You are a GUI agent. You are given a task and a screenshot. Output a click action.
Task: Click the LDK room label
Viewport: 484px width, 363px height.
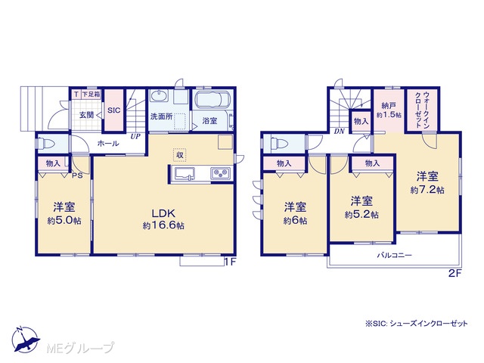point(163,213)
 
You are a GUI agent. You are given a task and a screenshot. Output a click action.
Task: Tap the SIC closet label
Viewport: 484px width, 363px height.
point(114,110)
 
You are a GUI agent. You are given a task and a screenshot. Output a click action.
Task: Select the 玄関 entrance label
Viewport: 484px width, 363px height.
point(86,115)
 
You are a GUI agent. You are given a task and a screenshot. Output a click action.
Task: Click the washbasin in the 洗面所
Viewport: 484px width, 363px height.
point(159,96)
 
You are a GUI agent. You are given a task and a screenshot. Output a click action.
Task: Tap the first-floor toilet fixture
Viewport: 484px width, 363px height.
point(46,144)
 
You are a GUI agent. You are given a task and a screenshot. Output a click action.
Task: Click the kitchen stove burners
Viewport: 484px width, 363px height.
point(221,173)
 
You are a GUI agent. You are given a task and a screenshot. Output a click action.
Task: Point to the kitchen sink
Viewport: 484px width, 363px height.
point(185,173)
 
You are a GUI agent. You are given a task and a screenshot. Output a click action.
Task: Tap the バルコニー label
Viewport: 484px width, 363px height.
point(395,256)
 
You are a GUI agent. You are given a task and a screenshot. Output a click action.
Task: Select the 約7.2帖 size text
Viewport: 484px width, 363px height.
point(427,190)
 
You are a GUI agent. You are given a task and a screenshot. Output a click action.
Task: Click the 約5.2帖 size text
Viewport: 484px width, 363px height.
point(361,215)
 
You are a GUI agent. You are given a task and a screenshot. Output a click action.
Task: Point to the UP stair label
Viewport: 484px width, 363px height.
point(135,136)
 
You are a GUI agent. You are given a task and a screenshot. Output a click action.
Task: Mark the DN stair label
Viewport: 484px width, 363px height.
point(340,131)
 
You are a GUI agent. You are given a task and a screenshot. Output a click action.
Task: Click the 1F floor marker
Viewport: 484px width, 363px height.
point(230,262)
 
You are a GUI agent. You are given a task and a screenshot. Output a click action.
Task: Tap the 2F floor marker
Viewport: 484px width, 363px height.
point(455,273)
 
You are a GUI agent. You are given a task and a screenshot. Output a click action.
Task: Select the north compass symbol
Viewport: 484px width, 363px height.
point(26,339)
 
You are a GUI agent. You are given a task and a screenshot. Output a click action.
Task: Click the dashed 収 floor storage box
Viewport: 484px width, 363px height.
point(180,154)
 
